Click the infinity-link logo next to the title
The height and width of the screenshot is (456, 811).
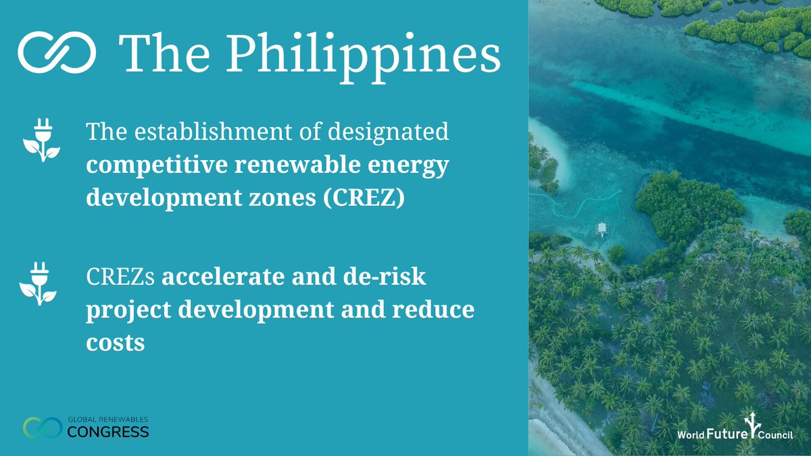[x=57, y=51]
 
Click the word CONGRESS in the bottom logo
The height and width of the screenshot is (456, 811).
[x=108, y=431]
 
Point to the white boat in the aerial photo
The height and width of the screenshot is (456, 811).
[x=601, y=230]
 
